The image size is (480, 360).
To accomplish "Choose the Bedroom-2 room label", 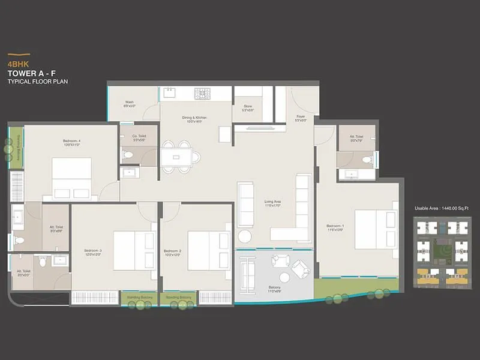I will [x=172, y=252].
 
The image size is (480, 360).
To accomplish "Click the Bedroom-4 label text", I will [x=71, y=143].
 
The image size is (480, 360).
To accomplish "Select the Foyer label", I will [x=301, y=118].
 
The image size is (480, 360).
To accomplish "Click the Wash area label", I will [x=130, y=104].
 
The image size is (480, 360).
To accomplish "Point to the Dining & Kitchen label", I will [x=195, y=119].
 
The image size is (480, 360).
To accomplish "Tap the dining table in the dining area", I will [x=176, y=157].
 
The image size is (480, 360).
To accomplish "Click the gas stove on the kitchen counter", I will [x=204, y=93].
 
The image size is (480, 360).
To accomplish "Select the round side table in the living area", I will [x=244, y=236].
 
